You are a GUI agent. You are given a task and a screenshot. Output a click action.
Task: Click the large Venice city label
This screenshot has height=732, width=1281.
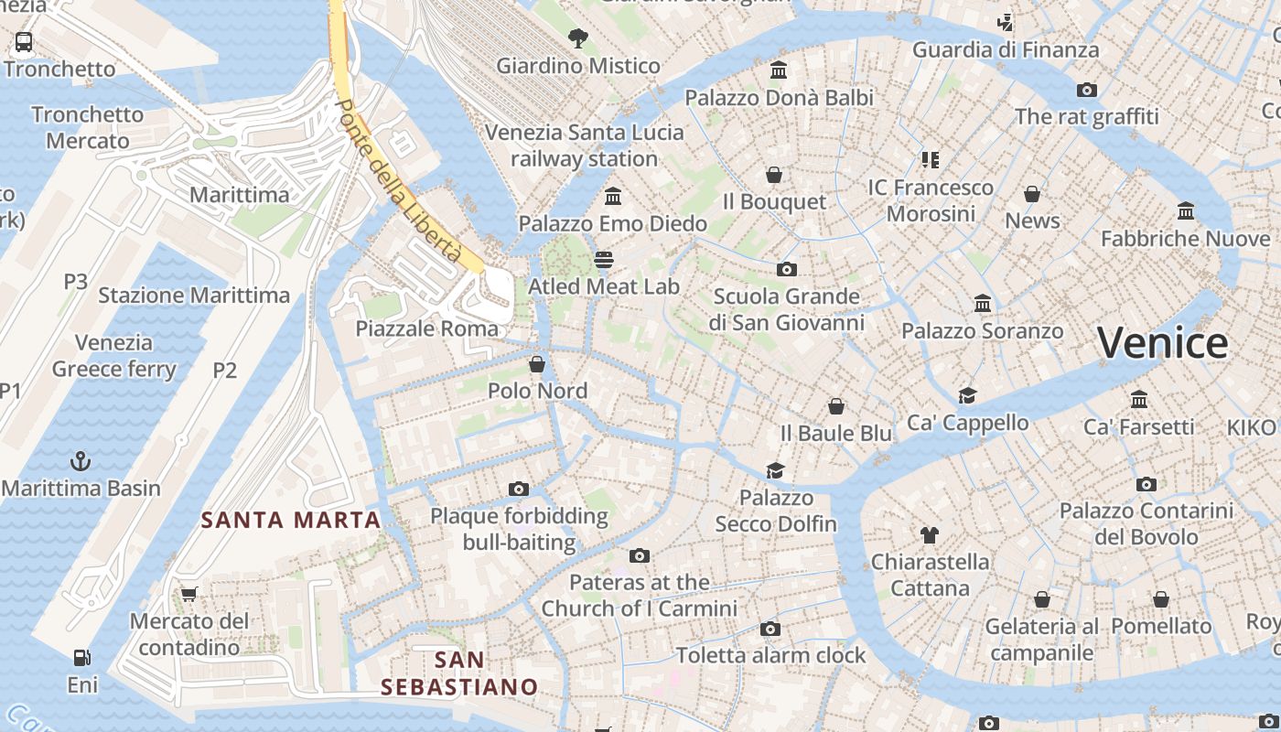(1163, 343)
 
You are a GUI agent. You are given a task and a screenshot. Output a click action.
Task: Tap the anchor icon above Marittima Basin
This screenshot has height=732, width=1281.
(81, 460)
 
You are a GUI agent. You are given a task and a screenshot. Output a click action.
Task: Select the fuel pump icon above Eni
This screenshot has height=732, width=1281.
(82, 657)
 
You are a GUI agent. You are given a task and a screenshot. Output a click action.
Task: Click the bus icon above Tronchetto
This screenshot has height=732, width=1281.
(24, 41)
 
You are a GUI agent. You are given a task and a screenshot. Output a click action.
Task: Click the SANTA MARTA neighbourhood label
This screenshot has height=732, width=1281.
(290, 521)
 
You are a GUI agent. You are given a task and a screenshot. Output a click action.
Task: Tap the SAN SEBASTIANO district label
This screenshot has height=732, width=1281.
(459, 673)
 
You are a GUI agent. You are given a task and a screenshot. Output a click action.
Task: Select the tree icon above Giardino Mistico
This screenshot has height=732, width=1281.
(577, 38)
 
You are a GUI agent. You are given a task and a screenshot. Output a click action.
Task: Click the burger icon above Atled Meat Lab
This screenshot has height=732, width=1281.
(603, 259)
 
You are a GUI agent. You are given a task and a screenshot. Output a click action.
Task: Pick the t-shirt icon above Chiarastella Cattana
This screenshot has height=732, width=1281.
(930, 534)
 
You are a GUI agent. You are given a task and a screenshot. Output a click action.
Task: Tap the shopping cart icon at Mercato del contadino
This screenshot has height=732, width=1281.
(189, 594)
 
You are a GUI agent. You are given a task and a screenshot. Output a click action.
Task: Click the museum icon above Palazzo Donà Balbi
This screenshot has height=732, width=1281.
(779, 70)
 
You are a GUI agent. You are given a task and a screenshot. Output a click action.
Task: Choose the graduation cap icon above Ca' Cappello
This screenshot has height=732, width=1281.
(967, 395)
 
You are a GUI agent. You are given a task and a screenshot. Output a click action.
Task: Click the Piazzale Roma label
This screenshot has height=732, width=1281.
(427, 328)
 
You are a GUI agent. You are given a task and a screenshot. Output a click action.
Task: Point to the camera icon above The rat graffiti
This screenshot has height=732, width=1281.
(1086, 90)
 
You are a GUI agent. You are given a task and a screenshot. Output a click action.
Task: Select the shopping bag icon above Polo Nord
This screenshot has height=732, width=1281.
(537, 364)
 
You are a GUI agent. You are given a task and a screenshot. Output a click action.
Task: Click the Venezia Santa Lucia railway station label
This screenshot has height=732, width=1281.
(584, 145)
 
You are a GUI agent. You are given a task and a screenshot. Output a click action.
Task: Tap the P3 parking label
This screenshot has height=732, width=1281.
(76, 282)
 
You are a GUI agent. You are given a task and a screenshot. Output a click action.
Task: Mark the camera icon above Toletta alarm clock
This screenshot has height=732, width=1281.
(770, 629)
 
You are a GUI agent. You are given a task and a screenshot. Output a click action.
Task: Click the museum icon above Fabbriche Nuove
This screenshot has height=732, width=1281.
(1186, 211)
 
